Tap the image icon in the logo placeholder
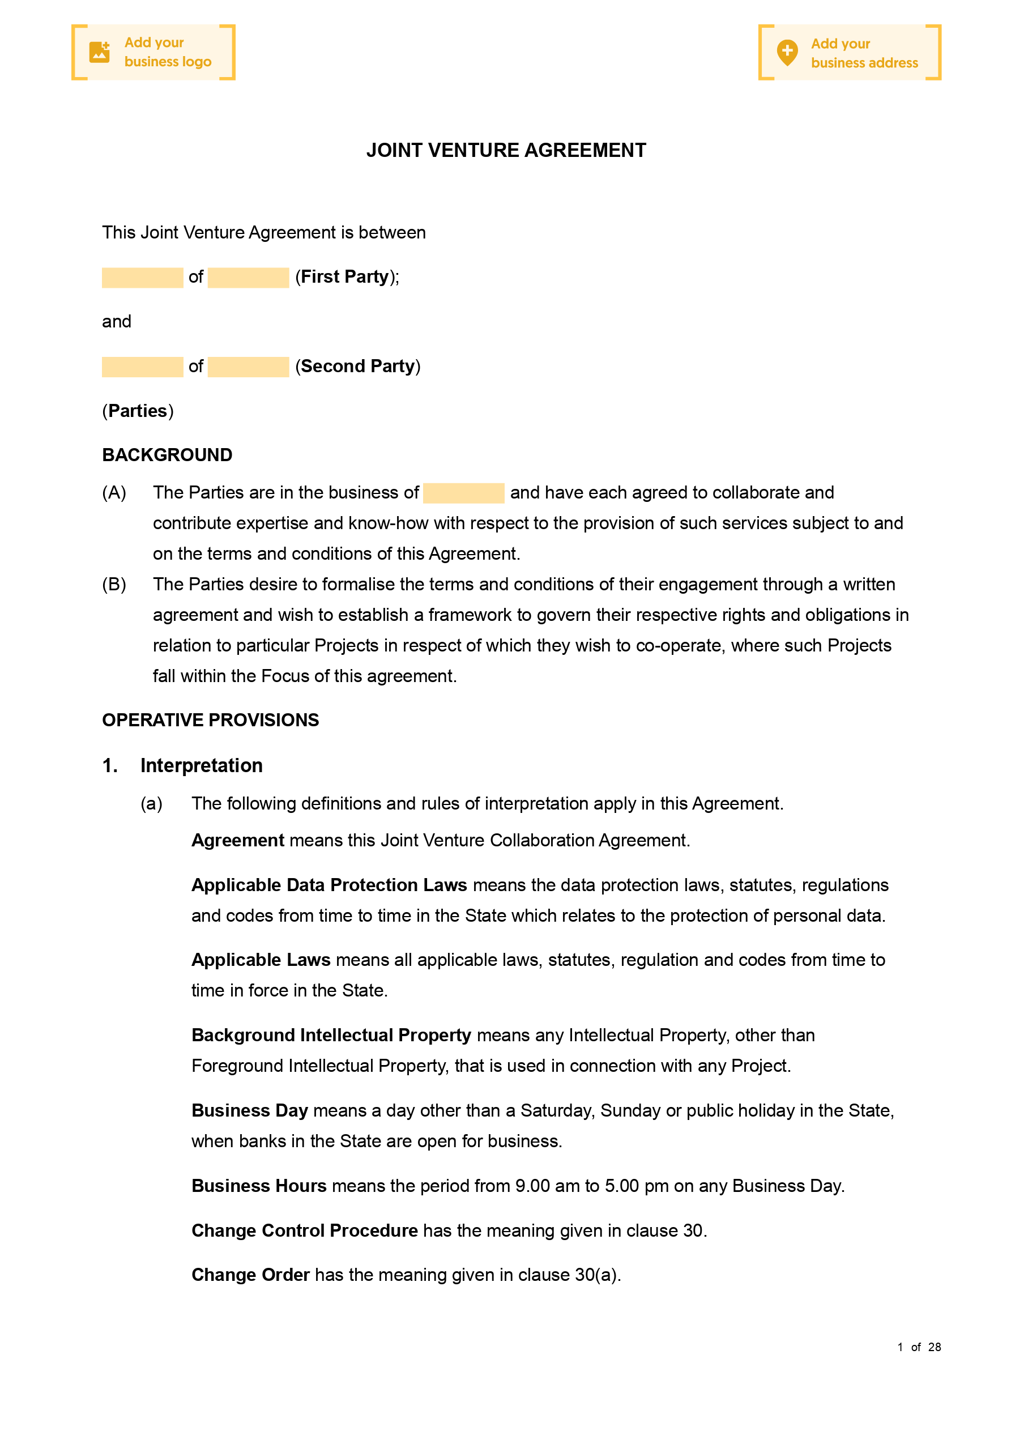pyautogui.click(x=99, y=52)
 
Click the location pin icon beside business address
pyautogui.click(x=787, y=52)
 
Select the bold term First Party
pyautogui.click(x=345, y=276)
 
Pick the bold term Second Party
pyautogui.click(x=357, y=366)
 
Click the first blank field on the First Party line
pyautogui.click(x=142, y=278)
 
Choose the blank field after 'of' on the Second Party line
pyautogui.click(x=248, y=367)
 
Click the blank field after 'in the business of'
pyautogui.click(x=463, y=493)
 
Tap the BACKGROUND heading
pyautogui.click(x=167, y=455)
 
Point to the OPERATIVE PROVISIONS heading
pyautogui.click(x=210, y=720)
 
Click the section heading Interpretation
pyautogui.click(x=201, y=765)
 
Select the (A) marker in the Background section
pyautogui.click(x=114, y=493)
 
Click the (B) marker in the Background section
pyautogui.click(x=114, y=585)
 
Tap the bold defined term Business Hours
pyautogui.click(x=259, y=1186)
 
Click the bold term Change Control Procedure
pyautogui.click(x=304, y=1230)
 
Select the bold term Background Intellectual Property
pyautogui.click(x=331, y=1035)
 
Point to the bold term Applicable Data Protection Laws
pyautogui.click(x=329, y=885)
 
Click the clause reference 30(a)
pyautogui.click(x=596, y=1275)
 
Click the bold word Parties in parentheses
pyautogui.click(x=137, y=411)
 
